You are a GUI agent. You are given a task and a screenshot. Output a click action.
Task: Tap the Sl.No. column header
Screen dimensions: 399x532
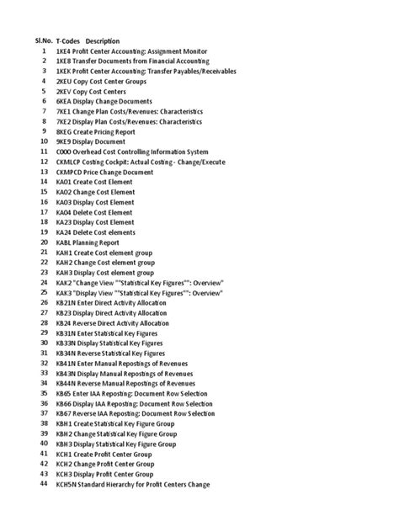point(44,41)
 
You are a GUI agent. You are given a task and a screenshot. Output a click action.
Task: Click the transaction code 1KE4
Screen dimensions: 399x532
point(64,51)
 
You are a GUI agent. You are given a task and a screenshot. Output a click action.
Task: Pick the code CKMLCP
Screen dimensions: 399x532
point(70,162)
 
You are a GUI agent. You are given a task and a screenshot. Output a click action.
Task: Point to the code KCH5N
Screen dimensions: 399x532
point(67,484)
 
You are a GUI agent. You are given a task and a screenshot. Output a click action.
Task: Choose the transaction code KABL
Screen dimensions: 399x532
point(65,242)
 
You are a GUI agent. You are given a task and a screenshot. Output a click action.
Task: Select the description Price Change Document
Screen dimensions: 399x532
point(121,172)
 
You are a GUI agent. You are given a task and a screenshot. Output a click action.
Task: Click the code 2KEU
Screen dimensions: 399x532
point(65,82)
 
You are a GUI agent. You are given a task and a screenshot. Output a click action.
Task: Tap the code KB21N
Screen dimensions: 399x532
point(67,302)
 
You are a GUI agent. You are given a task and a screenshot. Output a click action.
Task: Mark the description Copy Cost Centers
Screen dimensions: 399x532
point(105,92)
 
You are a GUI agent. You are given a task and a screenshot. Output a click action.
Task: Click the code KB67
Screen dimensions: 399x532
point(64,413)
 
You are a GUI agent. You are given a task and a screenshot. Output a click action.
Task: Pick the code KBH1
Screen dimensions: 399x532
point(65,423)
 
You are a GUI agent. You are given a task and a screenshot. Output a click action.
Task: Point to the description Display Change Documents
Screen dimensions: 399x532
point(115,102)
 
